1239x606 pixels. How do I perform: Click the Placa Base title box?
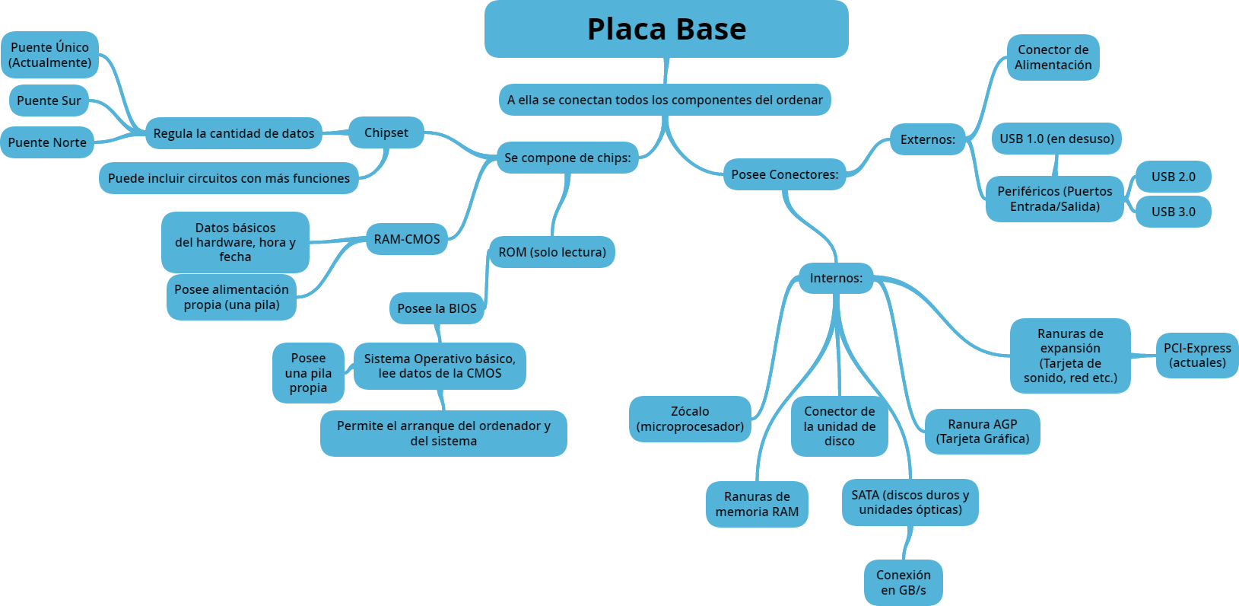pyautogui.click(x=666, y=29)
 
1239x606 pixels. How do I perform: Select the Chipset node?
pyautogui.click(x=386, y=132)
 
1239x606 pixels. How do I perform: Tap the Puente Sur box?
pyautogui.click(x=49, y=100)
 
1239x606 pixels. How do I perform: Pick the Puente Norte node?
pyautogui.click(x=47, y=142)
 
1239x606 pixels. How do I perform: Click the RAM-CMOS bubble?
pyautogui.click(x=407, y=239)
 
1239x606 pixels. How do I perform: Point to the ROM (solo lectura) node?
pyautogui.click(x=552, y=252)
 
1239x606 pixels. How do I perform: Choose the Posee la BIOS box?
pyautogui.click(x=437, y=308)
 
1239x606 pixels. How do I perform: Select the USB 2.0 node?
pyautogui.click(x=1173, y=177)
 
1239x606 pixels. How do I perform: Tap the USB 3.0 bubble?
pyautogui.click(x=1173, y=212)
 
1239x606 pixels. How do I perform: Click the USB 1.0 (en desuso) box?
pyautogui.click(x=1056, y=139)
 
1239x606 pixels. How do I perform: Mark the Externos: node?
pyautogui.click(x=928, y=139)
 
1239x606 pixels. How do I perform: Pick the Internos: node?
pyautogui.click(x=836, y=278)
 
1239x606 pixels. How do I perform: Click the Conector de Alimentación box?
pyautogui.click(x=1053, y=57)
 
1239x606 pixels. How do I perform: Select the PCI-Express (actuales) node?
pyautogui.click(x=1197, y=356)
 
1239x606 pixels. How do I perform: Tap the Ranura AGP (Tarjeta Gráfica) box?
pyautogui.click(x=983, y=432)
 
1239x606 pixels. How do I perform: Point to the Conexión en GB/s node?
pyautogui.click(x=904, y=582)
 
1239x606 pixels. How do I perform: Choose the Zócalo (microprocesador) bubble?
pyautogui.click(x=690, y=419)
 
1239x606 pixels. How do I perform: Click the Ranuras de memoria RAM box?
pyautogui.click(x=757, y=504)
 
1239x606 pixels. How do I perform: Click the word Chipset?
pyautogui.click(x=386, y=132)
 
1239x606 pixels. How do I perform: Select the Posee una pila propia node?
pyautogui.click(x=308, y=373)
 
